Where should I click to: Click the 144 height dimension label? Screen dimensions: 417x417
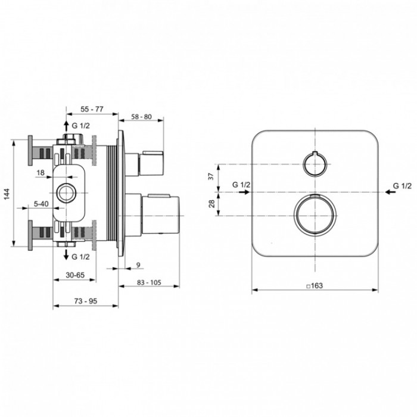click(x=7, y=194)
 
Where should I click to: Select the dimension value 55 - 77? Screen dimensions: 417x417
click(x=92, y=109)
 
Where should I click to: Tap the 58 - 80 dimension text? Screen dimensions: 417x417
click(x=141, y=117)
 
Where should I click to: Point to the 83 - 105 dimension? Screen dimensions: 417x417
click(x=149, y=282)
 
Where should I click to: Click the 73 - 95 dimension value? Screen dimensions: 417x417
click(x=86, y=301)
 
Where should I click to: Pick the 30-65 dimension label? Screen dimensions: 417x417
click(x=75, y=275)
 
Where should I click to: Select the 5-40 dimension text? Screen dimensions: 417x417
click(x=41, y=204)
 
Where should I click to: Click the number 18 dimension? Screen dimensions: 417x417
click(x=41, y=173)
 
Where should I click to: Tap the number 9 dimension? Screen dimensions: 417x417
click(x=138, y=265)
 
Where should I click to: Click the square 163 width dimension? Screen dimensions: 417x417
click(x=315, y=285)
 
